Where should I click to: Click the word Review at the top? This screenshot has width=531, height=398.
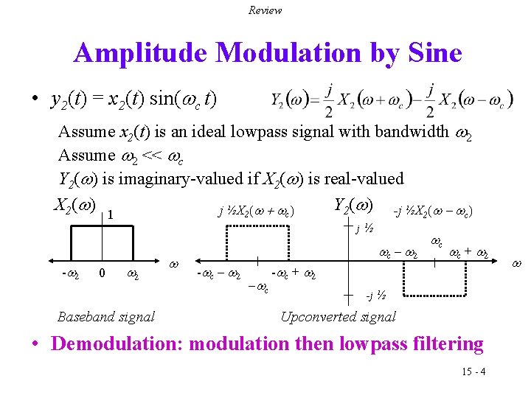click(265, 10)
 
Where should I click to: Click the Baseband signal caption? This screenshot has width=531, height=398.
click(106, 317)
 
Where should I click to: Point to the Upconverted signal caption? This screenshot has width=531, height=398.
click(339, 317)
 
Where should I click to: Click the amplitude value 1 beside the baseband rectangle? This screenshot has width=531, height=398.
click(109, 215)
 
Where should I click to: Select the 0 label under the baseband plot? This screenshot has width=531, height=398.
click(102, 273)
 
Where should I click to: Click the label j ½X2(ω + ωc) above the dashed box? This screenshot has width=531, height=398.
click(256, 212)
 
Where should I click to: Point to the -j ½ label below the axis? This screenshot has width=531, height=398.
click(376, 297)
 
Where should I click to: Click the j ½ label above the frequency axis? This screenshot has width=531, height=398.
click(364, 229)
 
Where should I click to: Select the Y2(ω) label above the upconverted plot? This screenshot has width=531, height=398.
click(354, 205)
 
